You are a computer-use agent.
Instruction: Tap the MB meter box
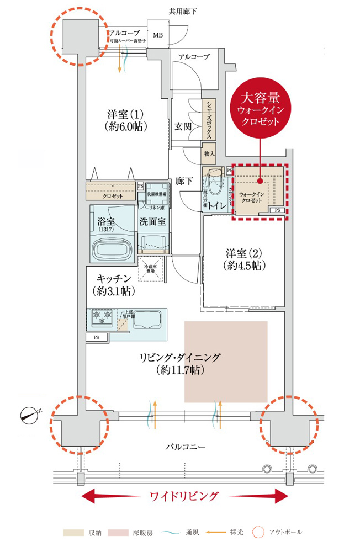click(158, 36)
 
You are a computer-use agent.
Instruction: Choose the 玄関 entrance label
click(183, 126)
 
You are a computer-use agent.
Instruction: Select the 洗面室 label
click(152, 221)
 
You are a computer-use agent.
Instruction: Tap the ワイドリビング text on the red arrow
click(184, 495)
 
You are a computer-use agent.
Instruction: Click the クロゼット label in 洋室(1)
click(113, 195)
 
